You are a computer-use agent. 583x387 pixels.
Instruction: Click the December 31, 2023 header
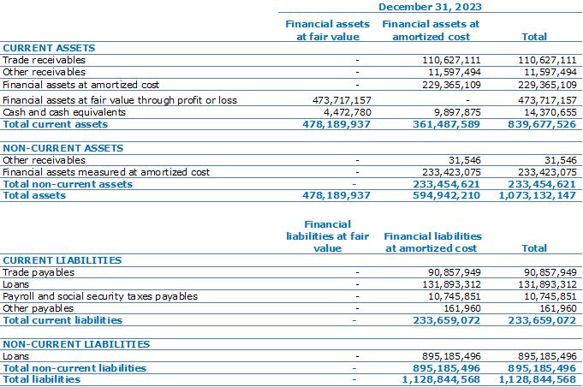tap(430, 7)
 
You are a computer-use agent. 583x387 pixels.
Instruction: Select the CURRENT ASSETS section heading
tap(49, 48)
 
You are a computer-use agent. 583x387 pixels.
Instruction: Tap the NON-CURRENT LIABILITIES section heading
tap(76, 344)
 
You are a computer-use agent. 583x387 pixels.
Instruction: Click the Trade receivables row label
tap(44, 60)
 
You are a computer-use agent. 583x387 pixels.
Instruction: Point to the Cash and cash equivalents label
tap(64, 112)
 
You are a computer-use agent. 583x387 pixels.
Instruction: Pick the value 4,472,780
tap(342, 112)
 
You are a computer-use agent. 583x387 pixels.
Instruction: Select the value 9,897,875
tap(452, 112)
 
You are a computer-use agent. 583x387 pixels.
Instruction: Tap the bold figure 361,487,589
tap(446, 124)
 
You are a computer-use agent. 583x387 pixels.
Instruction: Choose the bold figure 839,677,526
tap(542, 124)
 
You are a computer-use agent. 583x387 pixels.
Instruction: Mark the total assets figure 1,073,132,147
tap(538, 195)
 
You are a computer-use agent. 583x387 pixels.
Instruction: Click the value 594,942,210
tap(446, 195)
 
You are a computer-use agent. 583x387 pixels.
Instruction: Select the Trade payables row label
tap(39, 272)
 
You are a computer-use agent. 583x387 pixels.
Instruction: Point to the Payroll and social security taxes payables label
tap(100, 296)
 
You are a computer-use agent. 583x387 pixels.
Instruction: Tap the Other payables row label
tap(38, 308)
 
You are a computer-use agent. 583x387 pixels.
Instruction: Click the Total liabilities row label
tap(42, 379)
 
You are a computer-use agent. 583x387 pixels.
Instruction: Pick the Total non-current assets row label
tap(68, 184)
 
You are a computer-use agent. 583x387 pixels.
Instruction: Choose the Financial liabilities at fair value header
tap(327, 236)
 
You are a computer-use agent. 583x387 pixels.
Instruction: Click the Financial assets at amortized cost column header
tap(431, 30)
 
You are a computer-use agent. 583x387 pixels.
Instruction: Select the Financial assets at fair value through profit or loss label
tap(120, 100)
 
